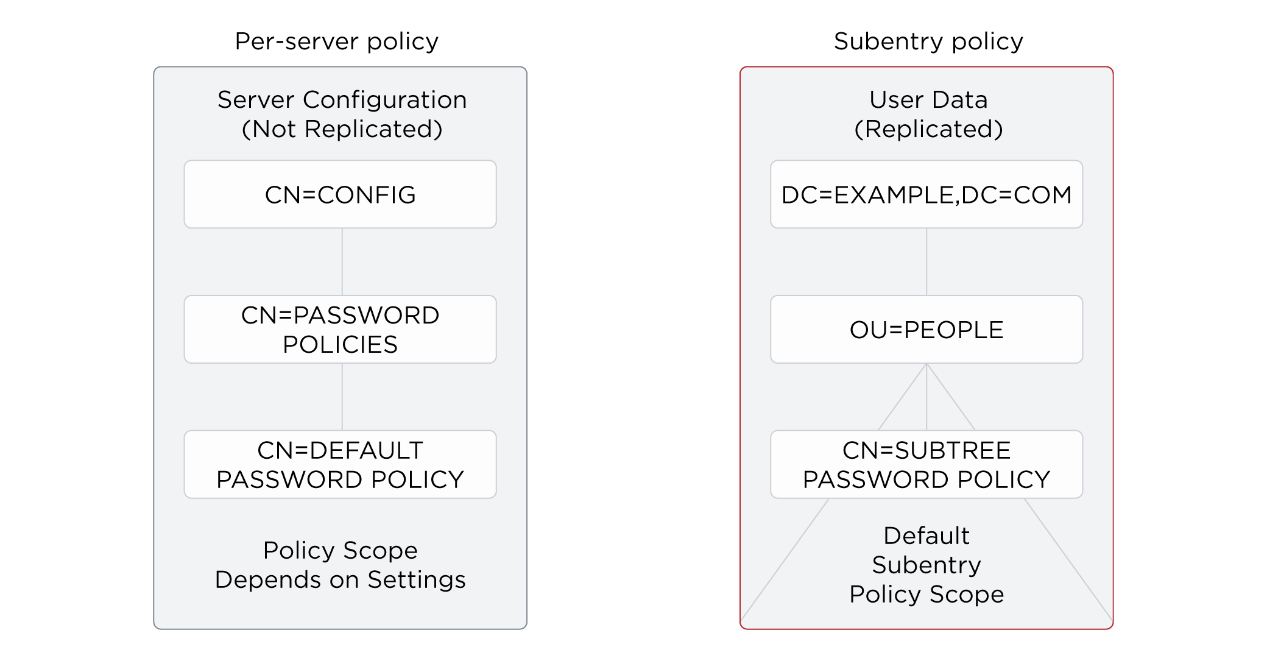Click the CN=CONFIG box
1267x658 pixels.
coord(340,194)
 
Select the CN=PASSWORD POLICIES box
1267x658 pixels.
coord(340,330)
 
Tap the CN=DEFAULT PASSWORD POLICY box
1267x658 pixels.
coord(340,465)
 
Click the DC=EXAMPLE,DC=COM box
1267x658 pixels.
coord(926,194)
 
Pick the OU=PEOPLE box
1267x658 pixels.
coord(926,330)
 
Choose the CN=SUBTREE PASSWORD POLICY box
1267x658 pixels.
coord(926,465)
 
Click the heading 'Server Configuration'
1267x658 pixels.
coord(342,100)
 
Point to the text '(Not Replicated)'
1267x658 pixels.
coord(342,129)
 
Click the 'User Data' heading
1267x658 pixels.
coord(928,100)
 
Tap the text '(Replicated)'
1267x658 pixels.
coord(928,129)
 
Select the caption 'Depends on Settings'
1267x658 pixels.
coord(340,579)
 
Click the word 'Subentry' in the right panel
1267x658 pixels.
coord(926,565)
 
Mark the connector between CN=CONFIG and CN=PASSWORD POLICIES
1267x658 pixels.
coord(342,262)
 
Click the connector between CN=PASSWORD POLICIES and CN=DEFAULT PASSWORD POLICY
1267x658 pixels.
coord(342,397)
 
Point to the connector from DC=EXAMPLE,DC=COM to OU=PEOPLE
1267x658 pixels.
coord(926,262)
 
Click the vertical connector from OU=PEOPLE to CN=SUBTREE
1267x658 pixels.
coord(926,397)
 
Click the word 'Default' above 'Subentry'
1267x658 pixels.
coord(926,536)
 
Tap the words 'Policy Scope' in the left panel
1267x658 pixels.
coord(340,550)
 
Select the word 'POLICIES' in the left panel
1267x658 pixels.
coord(340,345)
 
